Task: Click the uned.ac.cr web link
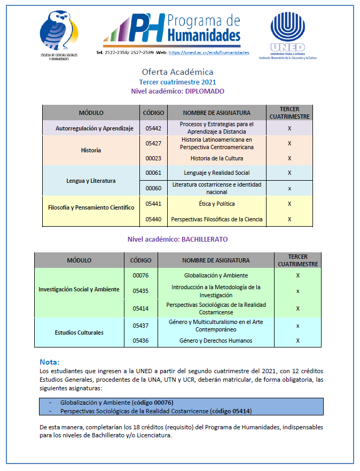click(x=209, y=53)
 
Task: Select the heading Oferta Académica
click(x=177, y=72)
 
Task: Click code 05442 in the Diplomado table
click(x=153, y=128)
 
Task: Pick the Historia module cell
click(x=91, y=150)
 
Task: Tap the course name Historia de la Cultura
click(x=216, y=158)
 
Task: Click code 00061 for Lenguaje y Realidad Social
click(x=153, y=173)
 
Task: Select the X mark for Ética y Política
click(x=289, y=204)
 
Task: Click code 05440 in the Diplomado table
click(x=153, y=219)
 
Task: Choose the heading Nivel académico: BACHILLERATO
click(x=177, y=240)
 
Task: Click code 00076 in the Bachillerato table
click(x=140, y=276)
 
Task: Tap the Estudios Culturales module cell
click(x=79, y=333)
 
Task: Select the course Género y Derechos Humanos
click(x=216, y=341)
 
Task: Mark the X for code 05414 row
click(x=298, y=308)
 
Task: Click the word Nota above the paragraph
click(x=50, y=362)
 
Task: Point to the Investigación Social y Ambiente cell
click(x=79, y=290)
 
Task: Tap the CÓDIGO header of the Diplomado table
click(x=153, y=113)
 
